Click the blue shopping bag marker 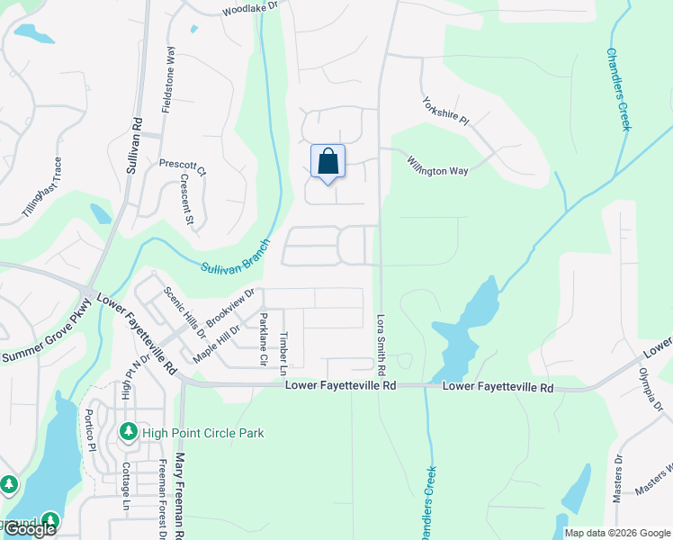point(328,162)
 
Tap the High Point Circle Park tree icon point(128,433)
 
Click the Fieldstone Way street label point(167,81)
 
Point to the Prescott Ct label point(183,168)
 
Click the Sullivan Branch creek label point(236,256)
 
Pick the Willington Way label point(437,166)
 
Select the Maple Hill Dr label point(216,343)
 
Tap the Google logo point(30,529)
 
